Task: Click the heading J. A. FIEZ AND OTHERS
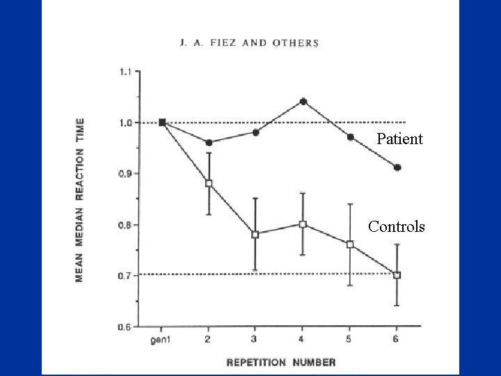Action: click(248, 42)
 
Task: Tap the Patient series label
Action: click(399, 139)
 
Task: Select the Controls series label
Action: click(396, 226)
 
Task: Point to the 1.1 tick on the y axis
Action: click(127, 71)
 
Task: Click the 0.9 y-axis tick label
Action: click(127, 173)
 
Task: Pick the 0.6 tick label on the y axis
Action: click(127, 327)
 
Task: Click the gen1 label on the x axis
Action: click(161, 339)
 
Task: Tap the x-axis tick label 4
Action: click(303, 339)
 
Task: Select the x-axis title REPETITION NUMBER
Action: click(280, 361)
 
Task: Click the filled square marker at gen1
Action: click(162, 123)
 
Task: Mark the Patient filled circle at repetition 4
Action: click(303, 102)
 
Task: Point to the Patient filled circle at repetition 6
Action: click(397, 167)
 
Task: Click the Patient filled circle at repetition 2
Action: click(209, 142)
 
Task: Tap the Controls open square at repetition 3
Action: click(255, 235)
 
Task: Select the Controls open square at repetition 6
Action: click(397, 275)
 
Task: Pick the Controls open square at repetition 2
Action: click(209, 184)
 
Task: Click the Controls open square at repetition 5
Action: click(350, 244)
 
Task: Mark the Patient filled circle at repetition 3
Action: click(255, 132)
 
